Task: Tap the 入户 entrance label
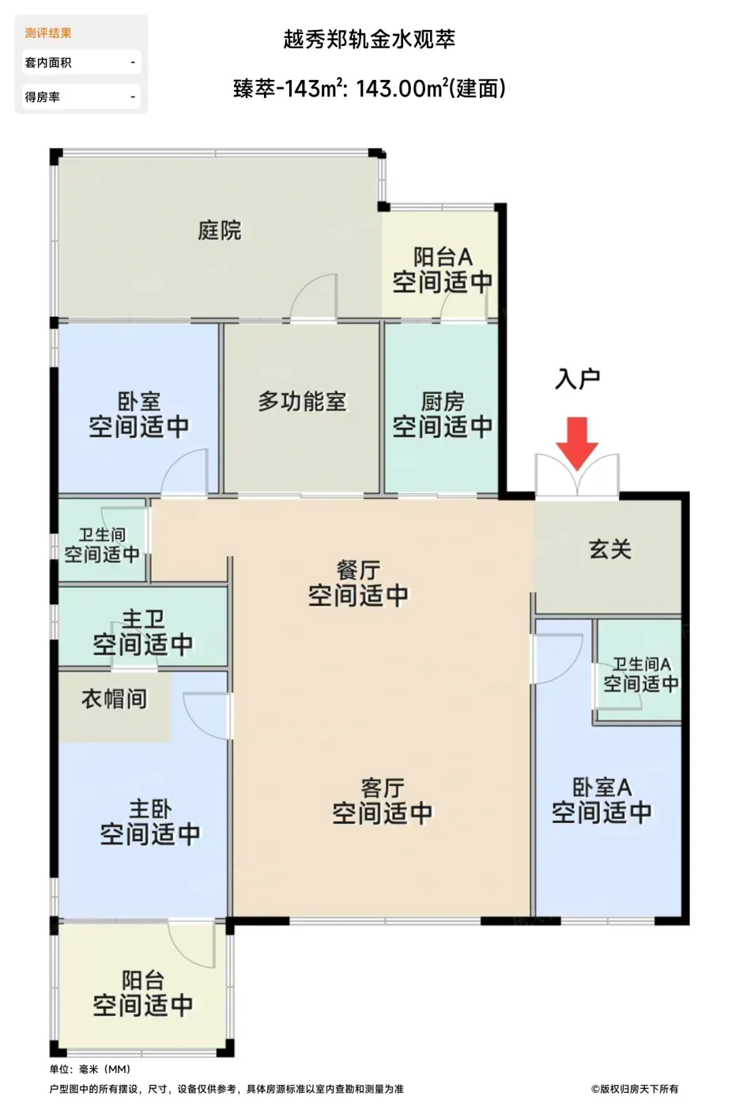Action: [577, 379]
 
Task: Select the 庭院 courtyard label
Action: [220, 230]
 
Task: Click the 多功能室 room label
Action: [302, 402]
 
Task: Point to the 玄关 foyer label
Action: [610, 549]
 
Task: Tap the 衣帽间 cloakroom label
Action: [114, 699]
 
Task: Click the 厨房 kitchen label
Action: [443, 402]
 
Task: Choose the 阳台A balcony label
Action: [443, 257]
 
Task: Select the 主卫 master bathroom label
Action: [143, 619]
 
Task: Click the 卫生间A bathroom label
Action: [641, 664]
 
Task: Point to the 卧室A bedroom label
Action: [601, 788]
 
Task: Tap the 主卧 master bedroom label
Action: [150, 810]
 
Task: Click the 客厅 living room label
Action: [383, 788]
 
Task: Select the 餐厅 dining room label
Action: [358, 570]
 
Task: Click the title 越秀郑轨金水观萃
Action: [369, 40]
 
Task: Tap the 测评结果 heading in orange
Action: [48, 33]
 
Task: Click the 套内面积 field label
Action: [48, 62]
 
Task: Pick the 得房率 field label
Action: [43, 96]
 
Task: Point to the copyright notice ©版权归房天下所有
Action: [634, 1089]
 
